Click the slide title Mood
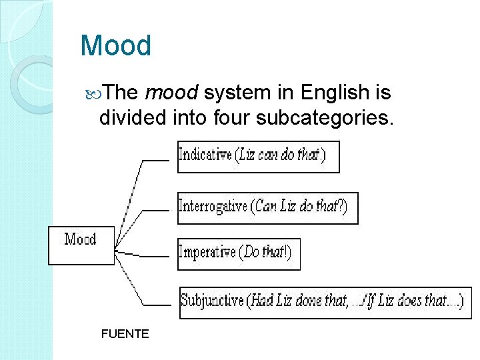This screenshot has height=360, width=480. pos(115,46)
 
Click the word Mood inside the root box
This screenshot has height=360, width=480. pos(80,239)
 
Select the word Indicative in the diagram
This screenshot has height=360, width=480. pos(204,155)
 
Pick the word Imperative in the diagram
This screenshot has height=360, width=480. pos(207,253)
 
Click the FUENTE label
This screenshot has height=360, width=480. pos(125,333)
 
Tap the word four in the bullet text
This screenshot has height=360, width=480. pos(233,119)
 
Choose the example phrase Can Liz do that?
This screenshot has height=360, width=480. pos(299,207)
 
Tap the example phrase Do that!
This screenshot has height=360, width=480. pos(265,253)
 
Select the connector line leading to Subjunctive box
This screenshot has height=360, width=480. pos(160,305)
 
